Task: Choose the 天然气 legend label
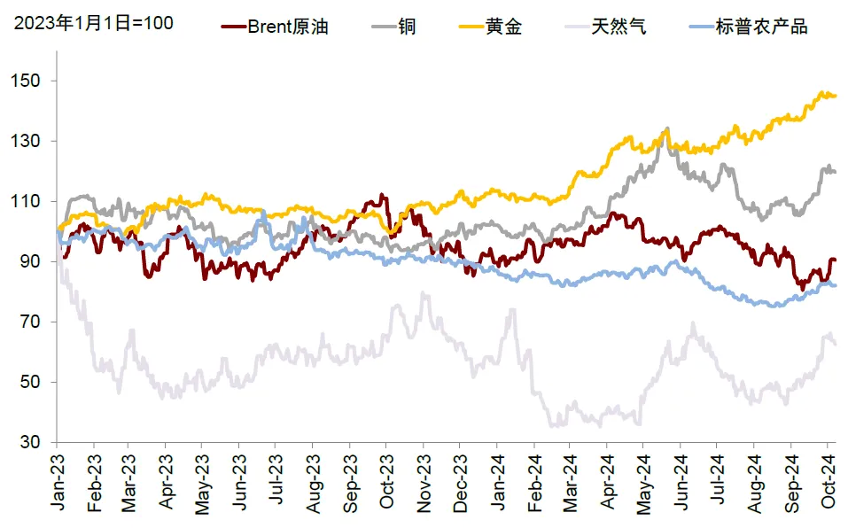click(621, 27)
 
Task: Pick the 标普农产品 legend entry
click(761, 27)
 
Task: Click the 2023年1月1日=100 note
click(93, 22)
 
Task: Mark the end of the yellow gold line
click(835, 96)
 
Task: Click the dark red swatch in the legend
click(232, 27)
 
